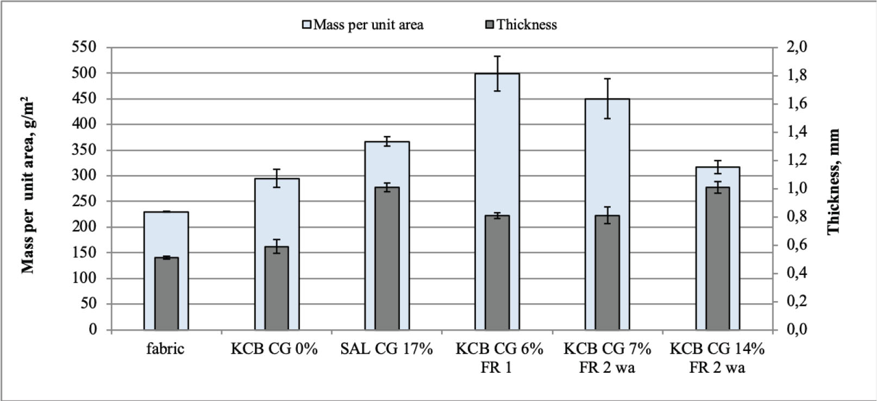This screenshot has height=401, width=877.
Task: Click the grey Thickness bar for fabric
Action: tap(166, 293)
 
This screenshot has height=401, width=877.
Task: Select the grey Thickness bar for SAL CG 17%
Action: tap(387, 258)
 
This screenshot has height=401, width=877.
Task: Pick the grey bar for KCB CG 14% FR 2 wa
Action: tap(718, 258)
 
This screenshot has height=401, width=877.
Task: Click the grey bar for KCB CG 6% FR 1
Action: tap(497, 272)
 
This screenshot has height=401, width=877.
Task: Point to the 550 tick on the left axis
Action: tap(84, 47)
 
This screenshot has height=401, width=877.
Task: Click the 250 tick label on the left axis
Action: tap(84, 201)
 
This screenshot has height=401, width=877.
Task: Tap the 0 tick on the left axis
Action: tap(93, 329)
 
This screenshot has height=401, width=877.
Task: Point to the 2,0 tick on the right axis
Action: tap(797, 47)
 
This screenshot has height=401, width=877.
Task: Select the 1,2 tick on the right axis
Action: tap(797, 160)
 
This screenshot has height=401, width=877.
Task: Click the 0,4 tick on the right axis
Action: tap(797, 273)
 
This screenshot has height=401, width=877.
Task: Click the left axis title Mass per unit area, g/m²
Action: tap(28, 185)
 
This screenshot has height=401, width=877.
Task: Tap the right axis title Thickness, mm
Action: tap(834, 181)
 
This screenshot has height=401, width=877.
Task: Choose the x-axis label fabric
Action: tap(165, 349)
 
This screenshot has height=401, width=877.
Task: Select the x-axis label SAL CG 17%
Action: tap(386, 349)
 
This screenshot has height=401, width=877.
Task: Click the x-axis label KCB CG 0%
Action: tap(274, 349)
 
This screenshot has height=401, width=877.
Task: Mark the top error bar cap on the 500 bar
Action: tap(497, 56)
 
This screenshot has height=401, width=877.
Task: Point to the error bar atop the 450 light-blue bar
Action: tap(607, 98)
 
